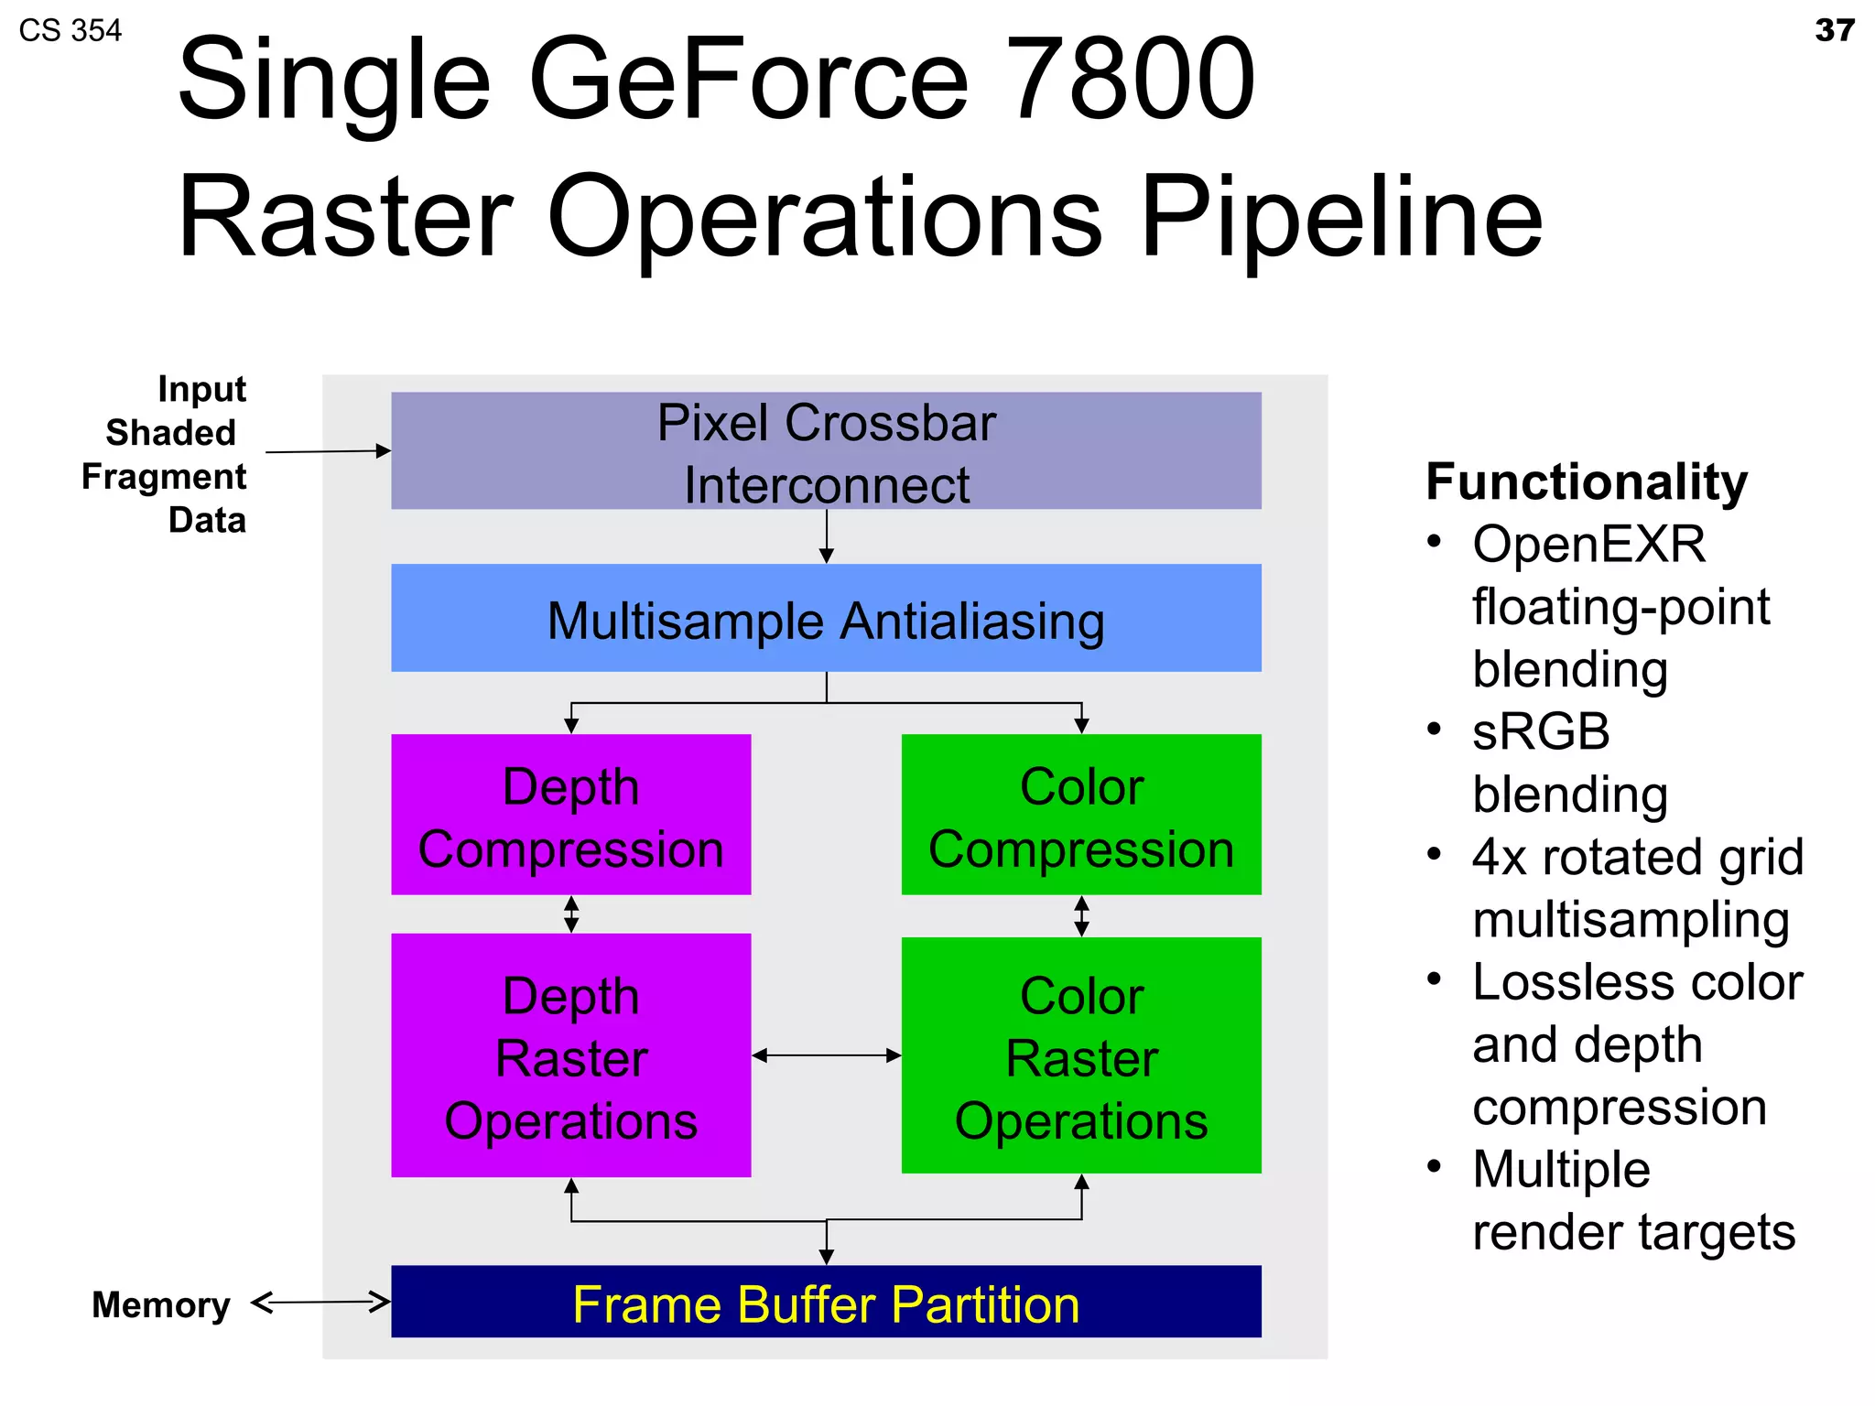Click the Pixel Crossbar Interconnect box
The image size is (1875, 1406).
coord(826,450)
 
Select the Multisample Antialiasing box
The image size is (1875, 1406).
coord(826,619)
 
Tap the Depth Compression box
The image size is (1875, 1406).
coord(570,815)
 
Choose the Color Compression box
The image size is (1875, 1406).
coord(1081,815)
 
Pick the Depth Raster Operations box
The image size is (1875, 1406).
coord(570,1055)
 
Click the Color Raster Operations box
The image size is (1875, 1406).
coord(1081,1055)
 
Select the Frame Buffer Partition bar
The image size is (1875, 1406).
coord(826,1302)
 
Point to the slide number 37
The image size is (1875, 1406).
coord(1834,30)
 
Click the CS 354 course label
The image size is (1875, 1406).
coord(70,30)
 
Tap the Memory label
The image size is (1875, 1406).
coord(161,1304)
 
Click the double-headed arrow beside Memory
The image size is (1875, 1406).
coord(320,1302)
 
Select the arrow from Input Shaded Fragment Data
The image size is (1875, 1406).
coord(328,451)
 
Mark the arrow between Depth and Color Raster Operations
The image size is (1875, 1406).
coord(826,1055)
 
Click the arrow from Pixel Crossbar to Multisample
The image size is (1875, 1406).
coord(826,536)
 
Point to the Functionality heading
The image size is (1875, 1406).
coord(1587,481)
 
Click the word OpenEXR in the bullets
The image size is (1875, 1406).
coord(1588,545)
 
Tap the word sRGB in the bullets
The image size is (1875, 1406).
coord(1541,732)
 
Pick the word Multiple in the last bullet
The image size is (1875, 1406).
coord(1561,1170)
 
